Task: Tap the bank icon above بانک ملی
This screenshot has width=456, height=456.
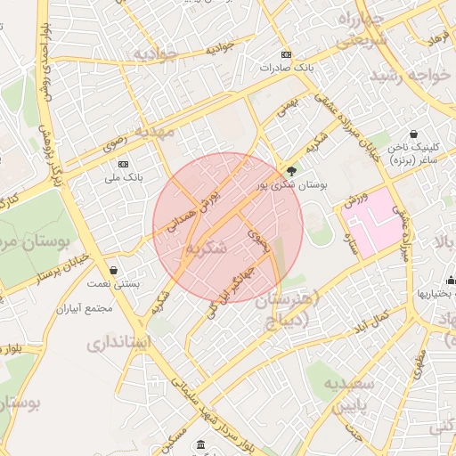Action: [x=122, y=165]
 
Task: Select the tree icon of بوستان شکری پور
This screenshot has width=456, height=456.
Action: [x=292, y=171]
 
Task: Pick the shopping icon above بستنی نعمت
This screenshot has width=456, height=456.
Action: [x=113, y=270]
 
